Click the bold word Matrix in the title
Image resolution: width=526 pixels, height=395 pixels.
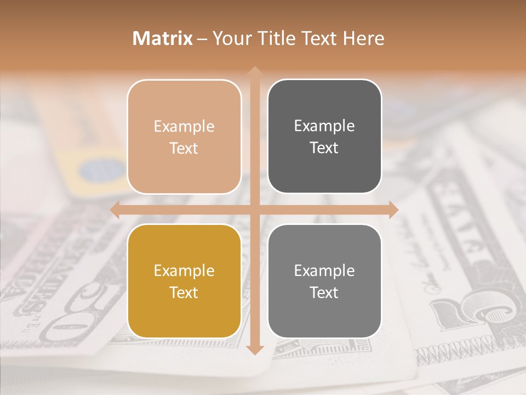[x=163, y=38]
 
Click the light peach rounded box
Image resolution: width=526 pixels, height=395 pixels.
[x=184, y=137]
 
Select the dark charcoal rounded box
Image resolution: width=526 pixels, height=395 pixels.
[x=324, y=137]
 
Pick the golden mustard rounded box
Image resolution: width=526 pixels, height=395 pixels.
[x=184, y=281]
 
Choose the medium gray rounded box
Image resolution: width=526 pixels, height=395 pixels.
[x=324, y=281]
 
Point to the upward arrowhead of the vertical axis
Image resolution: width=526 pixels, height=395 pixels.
[x=254, y=71]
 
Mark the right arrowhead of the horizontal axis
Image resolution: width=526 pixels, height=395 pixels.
[x=393, y=210]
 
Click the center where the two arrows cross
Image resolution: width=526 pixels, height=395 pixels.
[x=254, y=210]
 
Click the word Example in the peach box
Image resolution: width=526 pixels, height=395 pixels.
[x=184, y=126]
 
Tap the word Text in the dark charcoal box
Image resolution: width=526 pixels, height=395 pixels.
[x=324, y=148]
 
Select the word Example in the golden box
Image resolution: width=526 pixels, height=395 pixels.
[x=184, y=270]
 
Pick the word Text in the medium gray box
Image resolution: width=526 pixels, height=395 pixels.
[x=324, y=292]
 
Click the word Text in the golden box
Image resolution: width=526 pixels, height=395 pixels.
[x=184, y=292]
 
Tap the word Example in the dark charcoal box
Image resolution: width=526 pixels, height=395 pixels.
[x=324, y=126]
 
